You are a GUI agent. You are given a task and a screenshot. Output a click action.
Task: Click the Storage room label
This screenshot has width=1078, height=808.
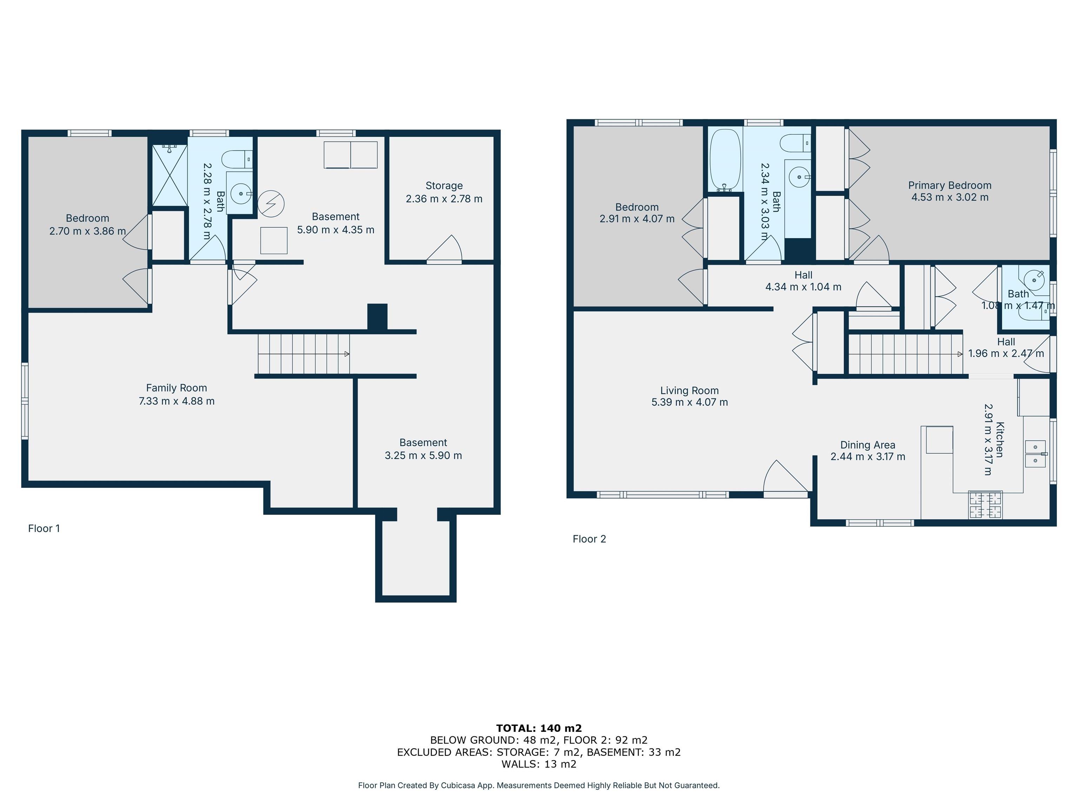coord(444,186)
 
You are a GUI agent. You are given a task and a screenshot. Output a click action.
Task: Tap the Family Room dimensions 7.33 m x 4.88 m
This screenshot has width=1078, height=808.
coord(177,401)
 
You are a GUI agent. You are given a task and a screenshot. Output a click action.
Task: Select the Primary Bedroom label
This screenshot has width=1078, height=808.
coord(949,185)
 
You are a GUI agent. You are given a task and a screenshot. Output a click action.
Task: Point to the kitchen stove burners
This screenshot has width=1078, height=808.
coord(985,505)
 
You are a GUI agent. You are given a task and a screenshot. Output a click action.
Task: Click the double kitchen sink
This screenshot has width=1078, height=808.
coord(1035,453)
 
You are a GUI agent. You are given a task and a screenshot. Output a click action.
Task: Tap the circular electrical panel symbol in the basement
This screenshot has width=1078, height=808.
coord(271,204)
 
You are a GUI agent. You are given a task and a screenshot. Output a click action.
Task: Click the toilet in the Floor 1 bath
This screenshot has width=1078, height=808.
coord(237,159)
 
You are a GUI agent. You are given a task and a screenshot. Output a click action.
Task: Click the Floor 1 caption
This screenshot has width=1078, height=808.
coord(44,528)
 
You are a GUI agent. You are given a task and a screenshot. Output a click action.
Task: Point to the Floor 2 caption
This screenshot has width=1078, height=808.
coord(589,539)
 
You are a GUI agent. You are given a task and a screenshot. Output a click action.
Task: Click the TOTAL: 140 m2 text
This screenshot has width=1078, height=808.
coord(539,728)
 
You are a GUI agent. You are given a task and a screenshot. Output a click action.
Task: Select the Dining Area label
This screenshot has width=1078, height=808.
coord(867,445)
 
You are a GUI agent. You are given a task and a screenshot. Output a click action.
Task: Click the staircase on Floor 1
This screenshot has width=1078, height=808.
coord(303,354)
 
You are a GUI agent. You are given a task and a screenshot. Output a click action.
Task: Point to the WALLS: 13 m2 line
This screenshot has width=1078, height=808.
coord(539,764)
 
